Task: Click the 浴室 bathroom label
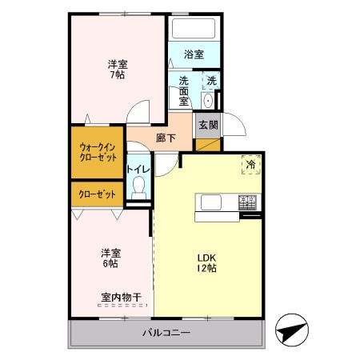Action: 193,54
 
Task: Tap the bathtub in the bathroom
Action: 193,29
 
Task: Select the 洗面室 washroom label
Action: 183,90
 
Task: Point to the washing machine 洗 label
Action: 210,80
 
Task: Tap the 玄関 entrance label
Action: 207,124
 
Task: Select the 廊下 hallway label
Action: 166,137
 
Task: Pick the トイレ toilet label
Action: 138,170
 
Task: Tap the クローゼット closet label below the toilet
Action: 97,194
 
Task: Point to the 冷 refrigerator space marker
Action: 251,162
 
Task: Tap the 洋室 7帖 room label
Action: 118,69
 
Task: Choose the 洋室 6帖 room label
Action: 110,256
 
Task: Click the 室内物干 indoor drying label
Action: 121,298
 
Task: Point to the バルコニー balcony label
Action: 166,332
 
